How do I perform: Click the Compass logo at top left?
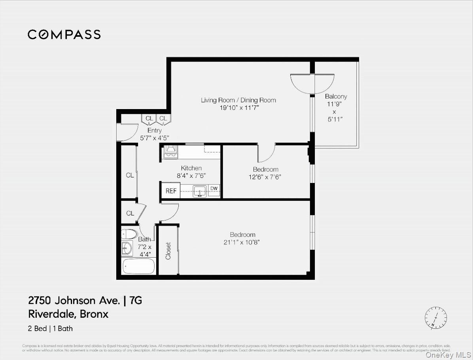[64, 35]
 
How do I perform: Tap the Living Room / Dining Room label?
[238, 100]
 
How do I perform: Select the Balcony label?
[336, 96]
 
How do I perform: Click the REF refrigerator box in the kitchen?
[171, 191]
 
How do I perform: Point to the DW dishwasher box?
[214, 189]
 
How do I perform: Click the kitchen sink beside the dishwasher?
[200, 191]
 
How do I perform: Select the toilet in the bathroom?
[129, 234]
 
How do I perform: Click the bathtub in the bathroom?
[138, 266]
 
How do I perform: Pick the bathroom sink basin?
[128, 248]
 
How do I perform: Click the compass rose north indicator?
[436, 317]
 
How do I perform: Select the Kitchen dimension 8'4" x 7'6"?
[191, 175]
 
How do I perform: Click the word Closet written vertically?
[168, 251]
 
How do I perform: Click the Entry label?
[154, 130]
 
